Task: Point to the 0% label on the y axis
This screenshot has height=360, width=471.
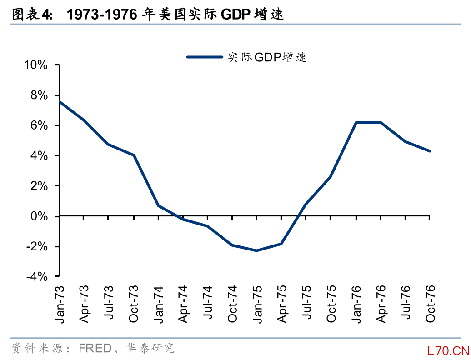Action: tap(39, 216)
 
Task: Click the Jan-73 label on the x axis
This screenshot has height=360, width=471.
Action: tap(60, 304)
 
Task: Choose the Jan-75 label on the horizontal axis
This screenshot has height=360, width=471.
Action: tap(257, 304)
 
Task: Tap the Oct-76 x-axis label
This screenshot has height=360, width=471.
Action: tap(430, 304)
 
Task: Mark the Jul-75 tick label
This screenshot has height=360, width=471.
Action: tap(307, 304)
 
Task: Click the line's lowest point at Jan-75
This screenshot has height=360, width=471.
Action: tap(257, 250)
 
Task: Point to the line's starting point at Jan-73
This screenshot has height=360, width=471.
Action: tap(60, 102)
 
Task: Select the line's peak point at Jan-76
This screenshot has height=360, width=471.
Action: tap(356, 123)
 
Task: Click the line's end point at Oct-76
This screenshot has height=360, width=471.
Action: tap(430, 151)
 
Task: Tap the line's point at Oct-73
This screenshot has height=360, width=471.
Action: tap(134, 155)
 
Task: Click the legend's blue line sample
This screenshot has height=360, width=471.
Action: tap(205, 57)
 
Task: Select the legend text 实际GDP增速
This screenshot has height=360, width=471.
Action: tap(267, 57)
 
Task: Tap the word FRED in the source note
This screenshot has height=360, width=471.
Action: tap(95, 349)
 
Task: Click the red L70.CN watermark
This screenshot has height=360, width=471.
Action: tap(447, 350)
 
